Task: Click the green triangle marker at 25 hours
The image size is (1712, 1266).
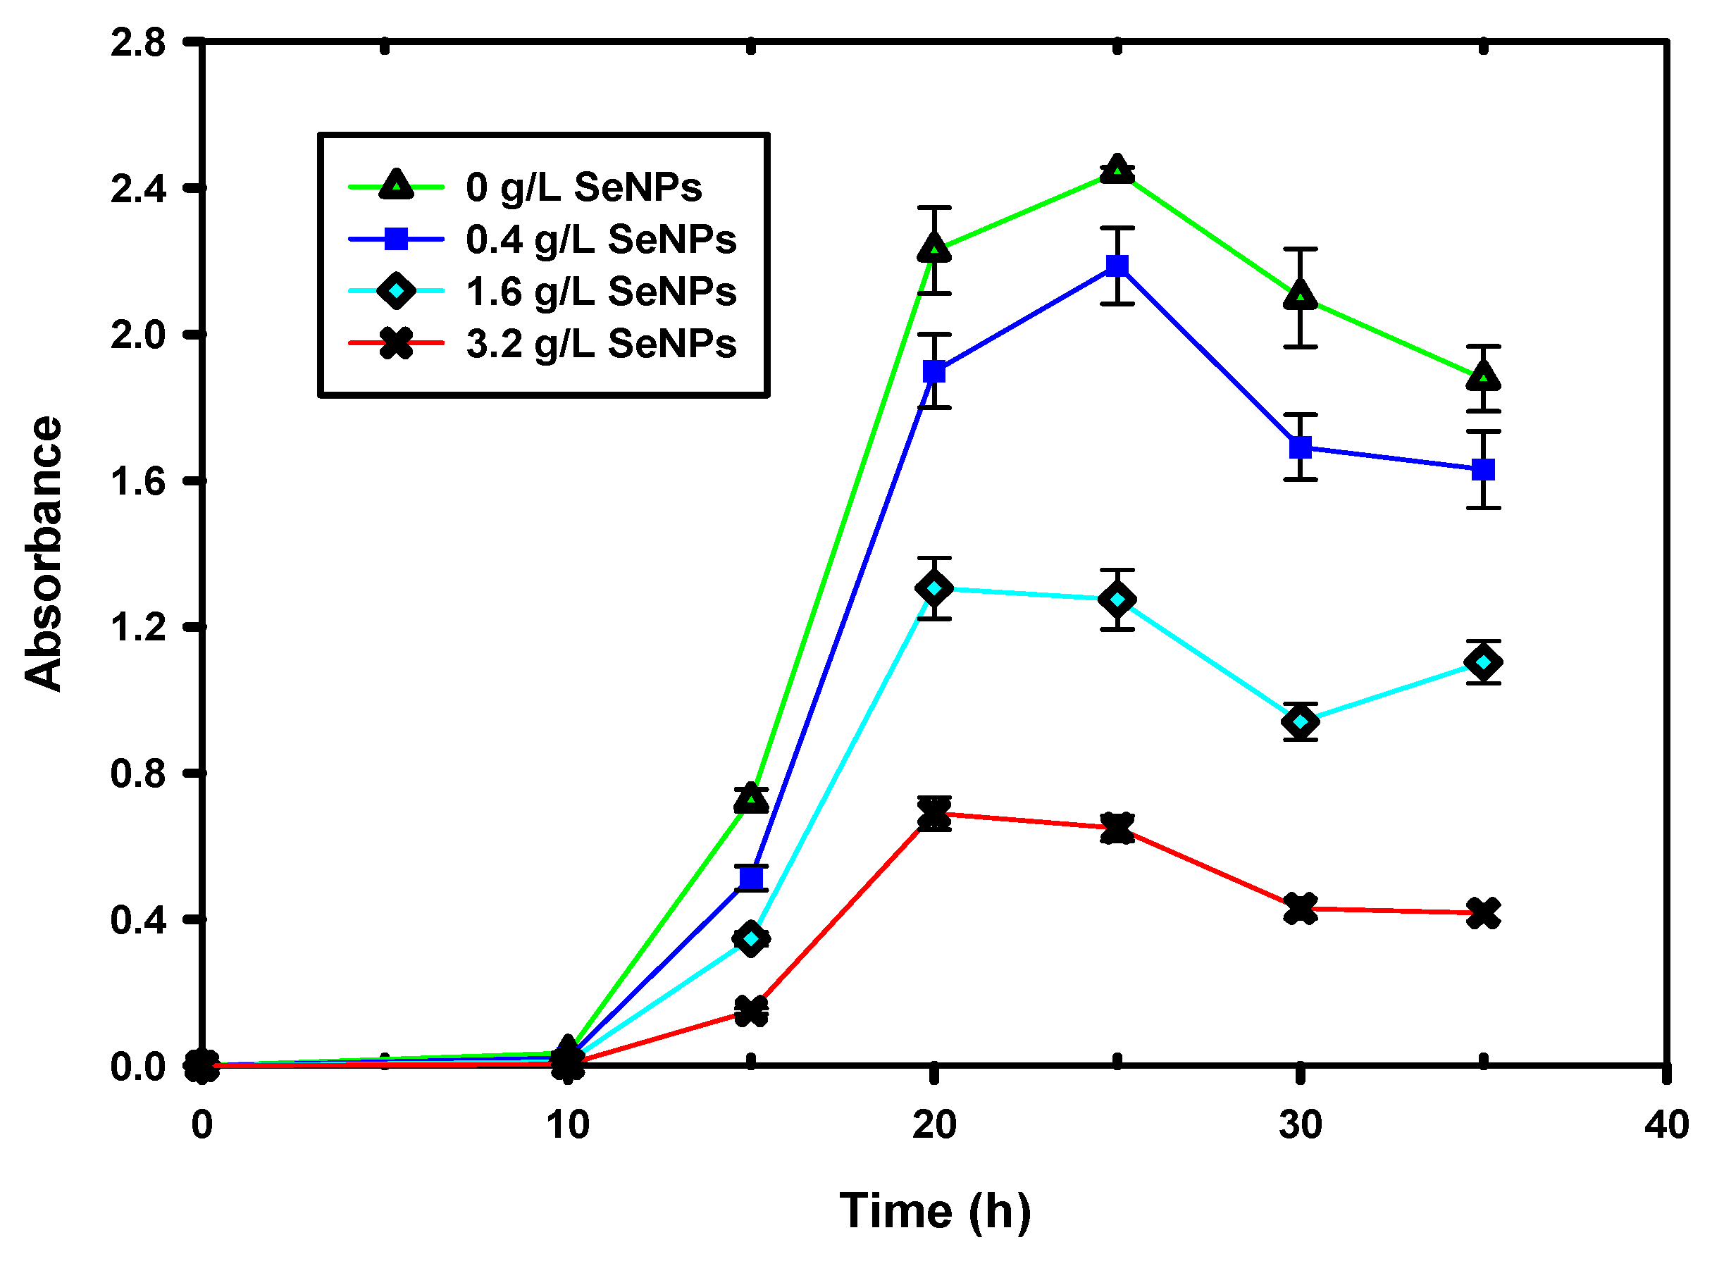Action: click(1118, 170)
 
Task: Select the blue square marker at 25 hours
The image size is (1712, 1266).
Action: click(1118, 266)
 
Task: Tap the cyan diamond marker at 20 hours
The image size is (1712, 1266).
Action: click(934, 588)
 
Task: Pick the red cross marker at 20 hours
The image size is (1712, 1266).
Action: click(934, 814)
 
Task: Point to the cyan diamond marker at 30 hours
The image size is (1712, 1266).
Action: click(1301, 722)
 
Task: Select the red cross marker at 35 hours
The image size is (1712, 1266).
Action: click(1484, 914)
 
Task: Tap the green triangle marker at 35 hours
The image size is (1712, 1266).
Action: click(1484, 377)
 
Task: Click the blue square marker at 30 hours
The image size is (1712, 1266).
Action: click(1301, 447)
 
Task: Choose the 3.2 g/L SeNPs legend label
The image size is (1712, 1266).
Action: click(601, 344)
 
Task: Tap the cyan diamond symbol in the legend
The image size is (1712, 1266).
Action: click(396, 291)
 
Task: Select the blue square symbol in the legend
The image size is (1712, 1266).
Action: click(396, 240)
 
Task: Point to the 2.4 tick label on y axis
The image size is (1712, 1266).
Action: click(138, 190)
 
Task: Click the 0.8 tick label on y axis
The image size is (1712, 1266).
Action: click(138, 774)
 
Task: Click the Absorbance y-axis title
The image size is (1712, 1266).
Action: click(43, 553)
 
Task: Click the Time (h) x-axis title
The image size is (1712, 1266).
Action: click(935, 1212)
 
